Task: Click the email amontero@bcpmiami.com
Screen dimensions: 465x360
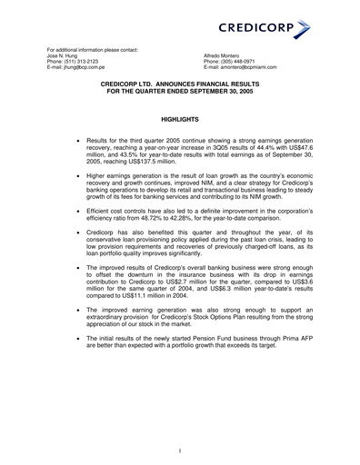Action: pos(245,67)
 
